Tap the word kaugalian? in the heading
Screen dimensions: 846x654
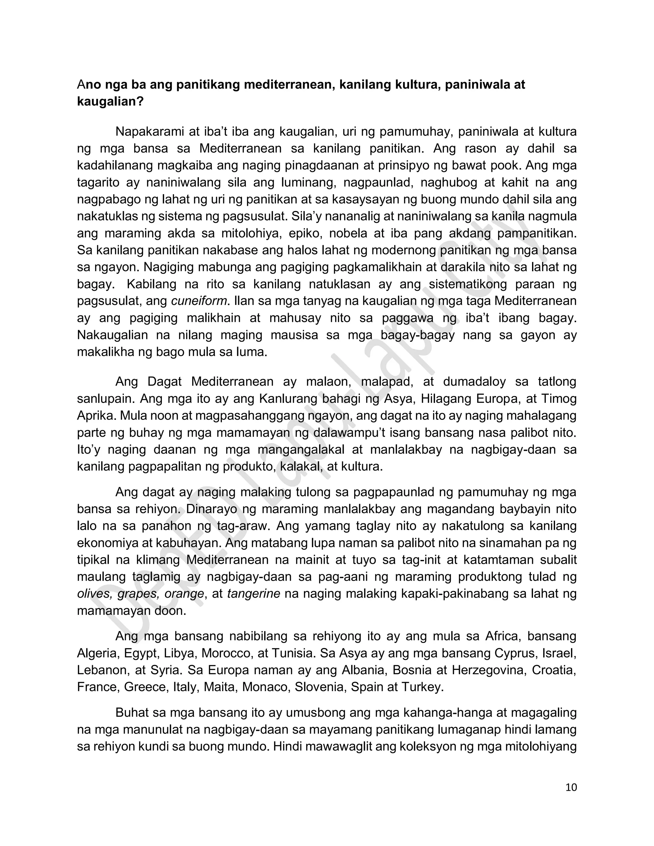110,102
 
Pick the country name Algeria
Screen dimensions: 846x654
98,653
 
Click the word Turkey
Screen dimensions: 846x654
422,687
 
